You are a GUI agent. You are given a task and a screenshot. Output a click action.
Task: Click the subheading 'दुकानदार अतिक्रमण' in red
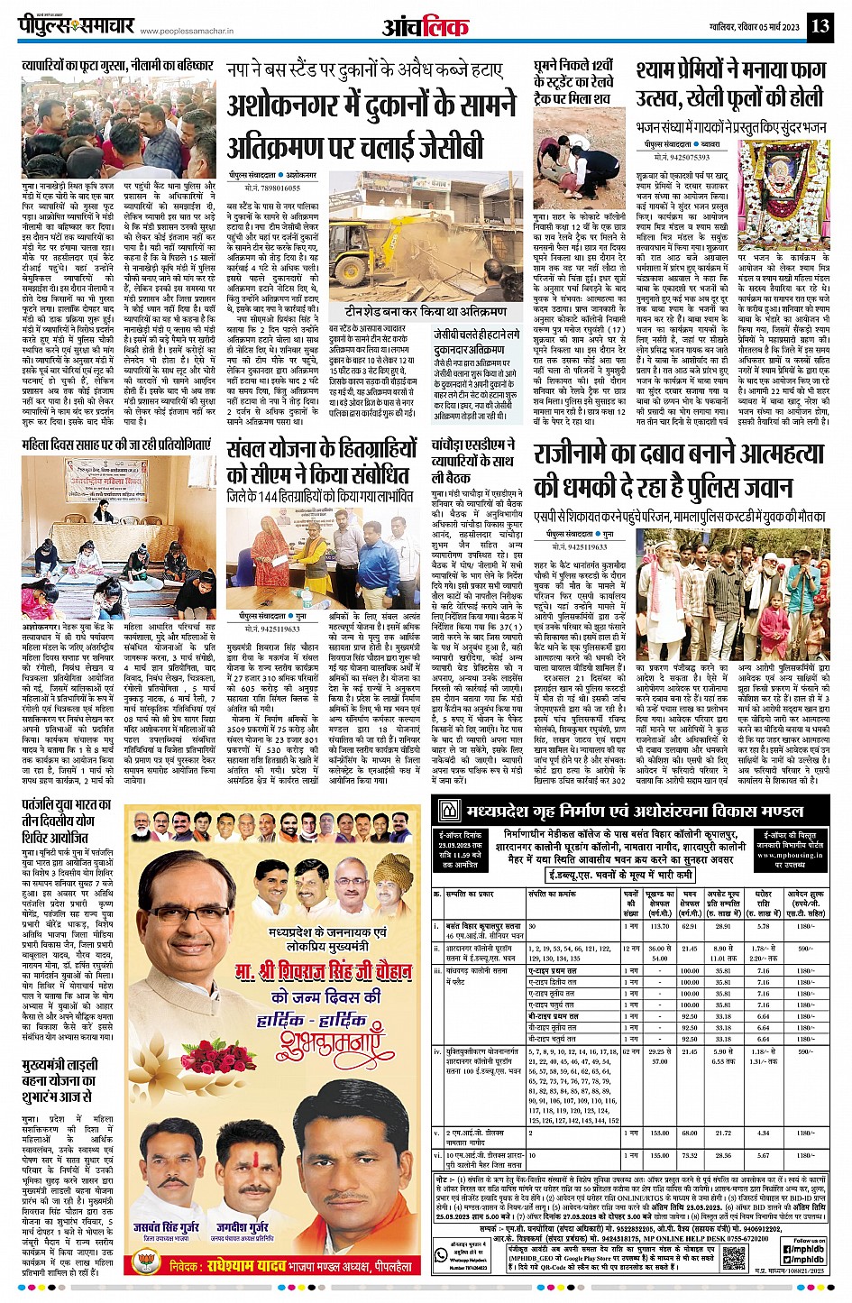[x=470, y=350]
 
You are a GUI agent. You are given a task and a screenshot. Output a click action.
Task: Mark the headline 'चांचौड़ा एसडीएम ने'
[x=473, y=445]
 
